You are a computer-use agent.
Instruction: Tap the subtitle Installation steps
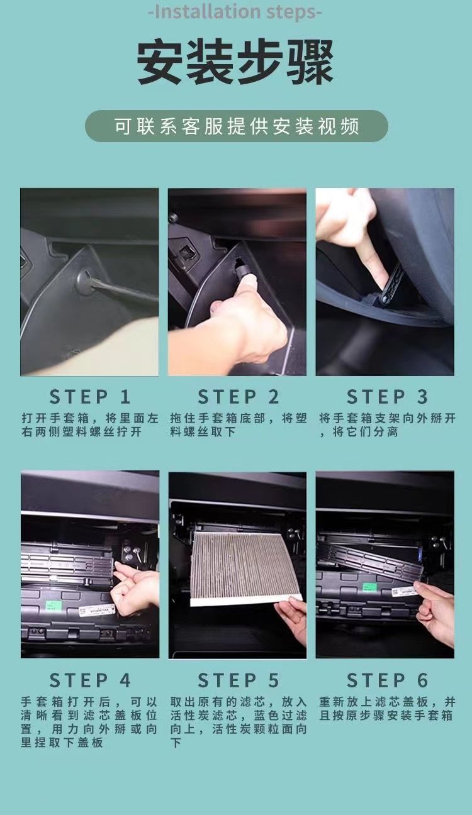pos(235,12)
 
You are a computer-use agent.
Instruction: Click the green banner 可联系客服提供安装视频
pos(237,126)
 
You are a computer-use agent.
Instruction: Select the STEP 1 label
pos(90,397)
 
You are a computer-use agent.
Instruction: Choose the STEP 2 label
pos(238,397)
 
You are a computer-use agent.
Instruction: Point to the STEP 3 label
pos(387,397)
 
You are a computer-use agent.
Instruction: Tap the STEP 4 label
pos(90,680)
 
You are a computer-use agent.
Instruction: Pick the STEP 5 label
pos(238,680)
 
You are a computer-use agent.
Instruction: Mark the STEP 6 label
pos(387,680)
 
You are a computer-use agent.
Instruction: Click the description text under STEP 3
pos(387,425)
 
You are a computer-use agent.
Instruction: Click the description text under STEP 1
pos(90,425)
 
